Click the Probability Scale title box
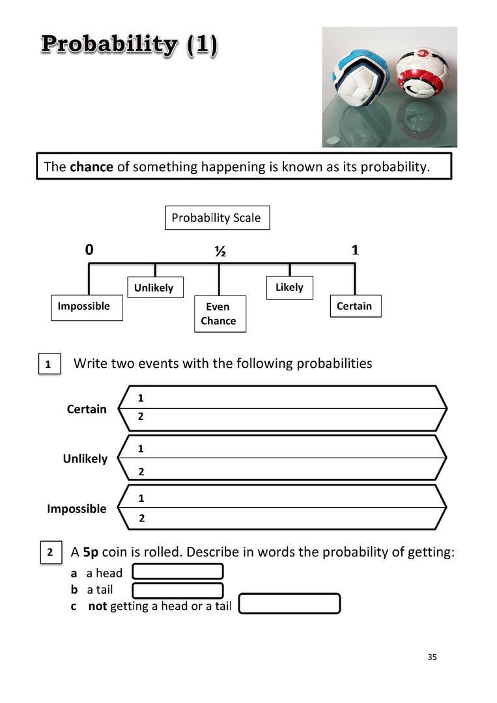point(218,218)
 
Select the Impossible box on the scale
point(87,307)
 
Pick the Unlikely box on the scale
point(155,288)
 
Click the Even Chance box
point(220,314)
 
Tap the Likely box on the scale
point(290,288)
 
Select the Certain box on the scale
point(356,306)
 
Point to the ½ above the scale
point(220,251)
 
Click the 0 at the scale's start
point(89,250)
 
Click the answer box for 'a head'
point(178,572)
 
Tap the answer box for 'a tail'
point(178,590)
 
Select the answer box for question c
point(290,603)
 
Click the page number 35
point(432,657)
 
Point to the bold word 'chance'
point(91,167)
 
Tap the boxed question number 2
point(51,553)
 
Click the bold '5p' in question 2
point(91,553)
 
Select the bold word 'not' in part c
point(97,606)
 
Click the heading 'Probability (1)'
point(130,46)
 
